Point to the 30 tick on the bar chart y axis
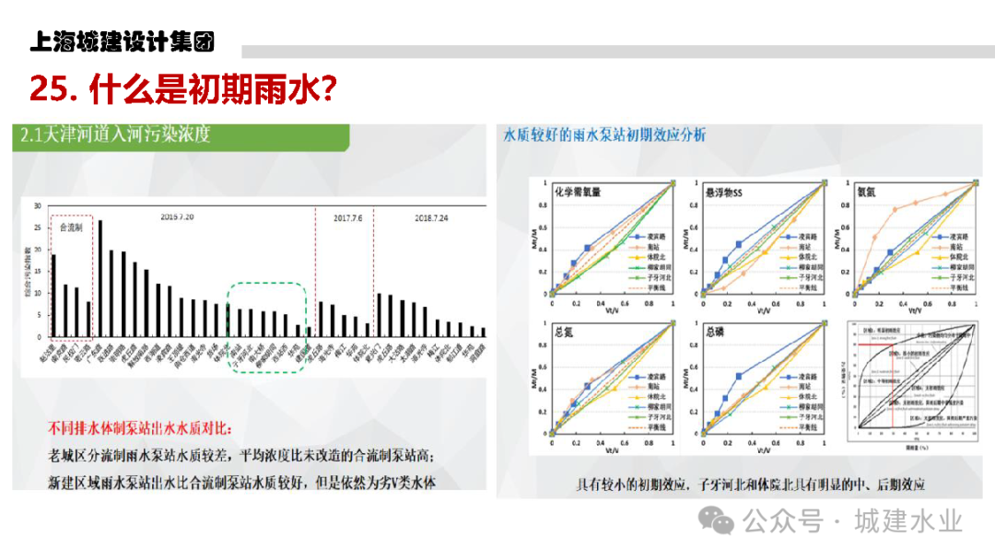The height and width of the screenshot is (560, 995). [37, 205]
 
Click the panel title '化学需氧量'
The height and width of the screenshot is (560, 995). [578, 193]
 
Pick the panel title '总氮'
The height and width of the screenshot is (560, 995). [564, 332]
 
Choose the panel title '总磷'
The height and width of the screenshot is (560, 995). [715, 332]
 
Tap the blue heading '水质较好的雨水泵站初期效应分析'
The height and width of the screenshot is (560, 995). [604, 135]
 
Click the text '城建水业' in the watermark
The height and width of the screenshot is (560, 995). [907, 521]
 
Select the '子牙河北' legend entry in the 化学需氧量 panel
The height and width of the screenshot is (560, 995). [656, 276]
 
